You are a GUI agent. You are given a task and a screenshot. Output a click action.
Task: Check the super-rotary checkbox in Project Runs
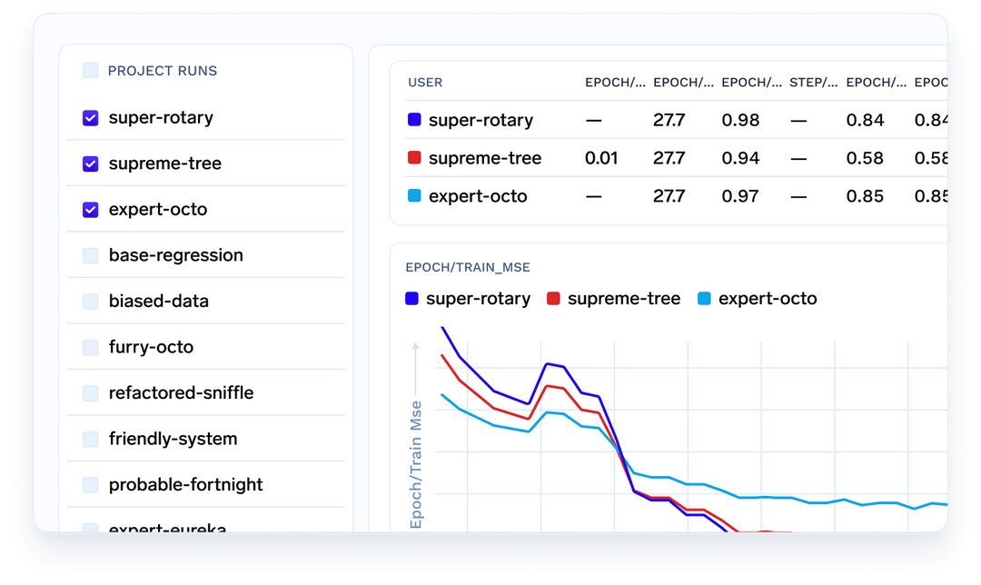click(x=91, y=118)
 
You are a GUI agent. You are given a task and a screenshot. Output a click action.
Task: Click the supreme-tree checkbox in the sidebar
click(x=91, y=164)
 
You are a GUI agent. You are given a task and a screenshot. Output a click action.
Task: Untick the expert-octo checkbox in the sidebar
click(x=91, y=210)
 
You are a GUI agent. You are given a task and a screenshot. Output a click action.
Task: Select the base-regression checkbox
click(x=91, y=256)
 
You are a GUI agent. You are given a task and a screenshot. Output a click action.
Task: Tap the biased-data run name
click(x=158, y=302)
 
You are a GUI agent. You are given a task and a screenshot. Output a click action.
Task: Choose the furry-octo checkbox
click(x=91, y=348)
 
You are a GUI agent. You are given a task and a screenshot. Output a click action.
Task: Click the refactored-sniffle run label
click(x=181, y=393)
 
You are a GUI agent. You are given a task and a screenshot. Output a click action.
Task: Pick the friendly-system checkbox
click(x=91, y=440)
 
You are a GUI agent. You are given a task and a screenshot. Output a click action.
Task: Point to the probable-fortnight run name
click(x=185, y=485)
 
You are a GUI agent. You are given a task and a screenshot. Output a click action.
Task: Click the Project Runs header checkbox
click(x=91, y=71)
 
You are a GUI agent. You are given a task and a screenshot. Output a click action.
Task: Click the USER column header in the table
click(x=425, y=83)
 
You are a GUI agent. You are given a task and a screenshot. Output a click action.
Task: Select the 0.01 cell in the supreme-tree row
click(x=601, y=158)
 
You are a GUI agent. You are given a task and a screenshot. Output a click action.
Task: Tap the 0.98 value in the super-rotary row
click(x=740, y=120)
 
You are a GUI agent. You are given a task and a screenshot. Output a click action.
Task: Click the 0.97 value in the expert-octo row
click(x=740, y=196)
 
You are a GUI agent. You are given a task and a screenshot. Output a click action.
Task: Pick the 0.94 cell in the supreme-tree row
click(x=740, y=158)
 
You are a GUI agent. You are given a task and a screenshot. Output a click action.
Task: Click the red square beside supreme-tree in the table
click(x=414, y=158)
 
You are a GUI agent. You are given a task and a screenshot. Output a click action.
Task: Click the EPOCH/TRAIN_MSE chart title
click(x=468, y=267)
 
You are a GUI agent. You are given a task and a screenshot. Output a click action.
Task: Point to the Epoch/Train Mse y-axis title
click(x=417, y=463)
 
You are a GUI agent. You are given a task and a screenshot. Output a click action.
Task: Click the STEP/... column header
click(x=813, y=83)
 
